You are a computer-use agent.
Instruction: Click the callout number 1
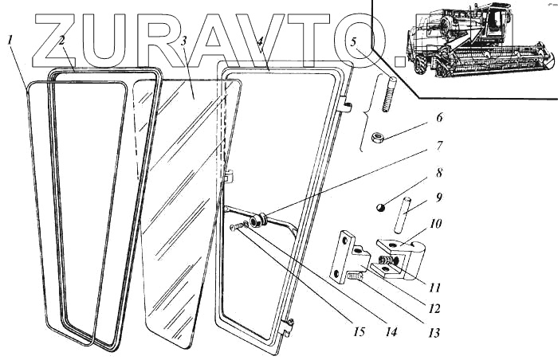(10, 40)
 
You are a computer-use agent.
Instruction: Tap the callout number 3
(183, 41)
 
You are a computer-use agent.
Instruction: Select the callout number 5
(353, 42)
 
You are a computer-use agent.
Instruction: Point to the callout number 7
(439, 146)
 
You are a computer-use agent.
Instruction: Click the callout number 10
(435, 224)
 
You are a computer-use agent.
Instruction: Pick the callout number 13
(434, 333)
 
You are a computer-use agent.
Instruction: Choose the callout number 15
(360, 332)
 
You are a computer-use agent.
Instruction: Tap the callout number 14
(391, 332)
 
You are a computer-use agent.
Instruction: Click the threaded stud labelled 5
(389, 95)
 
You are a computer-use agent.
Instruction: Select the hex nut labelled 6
(377, 137)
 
